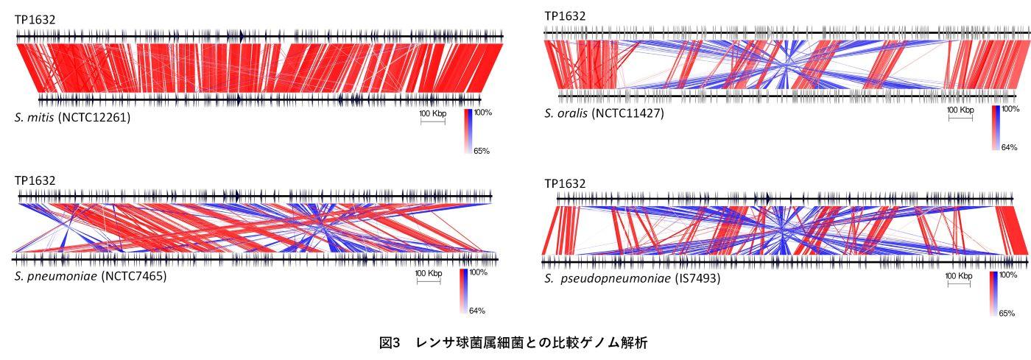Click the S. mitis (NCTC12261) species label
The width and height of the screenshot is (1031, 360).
[72, 117]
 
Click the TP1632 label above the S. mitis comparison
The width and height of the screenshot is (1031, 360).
[35, 20]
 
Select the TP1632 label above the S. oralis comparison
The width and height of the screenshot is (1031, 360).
[565, 16]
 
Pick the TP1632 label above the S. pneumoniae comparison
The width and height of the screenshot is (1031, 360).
[35, 180]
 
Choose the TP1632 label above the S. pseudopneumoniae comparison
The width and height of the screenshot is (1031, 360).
[565, 183]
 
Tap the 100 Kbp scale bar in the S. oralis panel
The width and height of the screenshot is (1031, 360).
[961, 116]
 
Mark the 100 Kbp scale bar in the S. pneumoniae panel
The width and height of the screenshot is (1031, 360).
[429, 280]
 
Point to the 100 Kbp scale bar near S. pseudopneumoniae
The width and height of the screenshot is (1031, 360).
[960, 283]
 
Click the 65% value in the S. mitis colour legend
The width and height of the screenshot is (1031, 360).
[482, 151]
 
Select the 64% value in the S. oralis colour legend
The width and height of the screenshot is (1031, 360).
[1010, 147]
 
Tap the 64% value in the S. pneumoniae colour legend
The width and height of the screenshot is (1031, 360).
[476, 310]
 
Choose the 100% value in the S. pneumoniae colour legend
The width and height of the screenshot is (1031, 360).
[478, 272]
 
